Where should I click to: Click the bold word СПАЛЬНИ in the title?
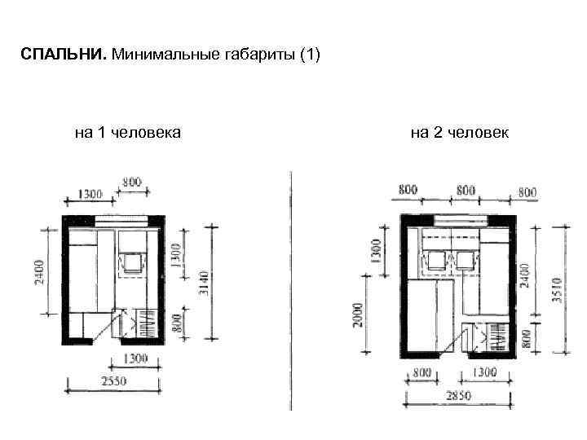[64, 55]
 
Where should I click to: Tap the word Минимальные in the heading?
[166, 55]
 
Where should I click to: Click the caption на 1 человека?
[128, 133]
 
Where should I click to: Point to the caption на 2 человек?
[460, 133]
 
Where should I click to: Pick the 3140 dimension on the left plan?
[205, 284]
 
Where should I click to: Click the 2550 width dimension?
[114, 381]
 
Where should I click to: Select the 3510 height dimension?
[558, 290]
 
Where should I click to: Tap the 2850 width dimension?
[458, 395]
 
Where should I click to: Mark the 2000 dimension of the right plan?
[358, 315]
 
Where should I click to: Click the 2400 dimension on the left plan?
[39, 273]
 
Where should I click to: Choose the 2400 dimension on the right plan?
[525, 275]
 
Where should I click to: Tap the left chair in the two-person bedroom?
[436, 260]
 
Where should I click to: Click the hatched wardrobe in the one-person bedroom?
[147, 323]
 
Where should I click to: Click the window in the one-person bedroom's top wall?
[121, 221]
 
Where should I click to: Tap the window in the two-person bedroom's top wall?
[462, 220]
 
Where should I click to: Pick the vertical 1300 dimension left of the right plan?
[377, 252]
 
